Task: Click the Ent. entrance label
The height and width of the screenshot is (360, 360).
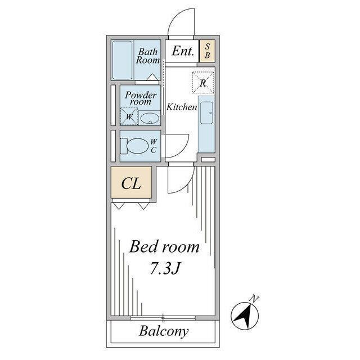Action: (183, 51)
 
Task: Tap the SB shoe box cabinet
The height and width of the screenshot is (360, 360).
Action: (207, 51)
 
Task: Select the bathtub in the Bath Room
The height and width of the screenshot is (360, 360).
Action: (123, 60)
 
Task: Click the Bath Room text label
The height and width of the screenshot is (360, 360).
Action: (148, 56)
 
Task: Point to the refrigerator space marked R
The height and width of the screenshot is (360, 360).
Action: (203, 83)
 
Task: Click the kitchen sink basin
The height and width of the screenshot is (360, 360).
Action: (206, 113)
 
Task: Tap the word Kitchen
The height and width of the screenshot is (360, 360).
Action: (182, 107)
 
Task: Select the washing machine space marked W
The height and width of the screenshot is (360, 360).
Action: (129, 116)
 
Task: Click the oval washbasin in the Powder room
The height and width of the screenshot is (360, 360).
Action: (150, 119)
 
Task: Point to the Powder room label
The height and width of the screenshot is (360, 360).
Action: (141, 98)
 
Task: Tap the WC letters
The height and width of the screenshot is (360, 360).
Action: (154, 146)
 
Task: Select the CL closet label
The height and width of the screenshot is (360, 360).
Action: (131, 183)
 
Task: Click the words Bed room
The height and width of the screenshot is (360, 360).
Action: (164, 247)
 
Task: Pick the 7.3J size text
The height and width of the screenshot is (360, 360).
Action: (165, 268)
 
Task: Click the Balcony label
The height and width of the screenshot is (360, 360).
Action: (164, 331)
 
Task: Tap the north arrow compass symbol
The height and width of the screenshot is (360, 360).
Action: (245, 316)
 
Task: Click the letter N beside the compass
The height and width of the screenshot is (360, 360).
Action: (254, 299)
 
